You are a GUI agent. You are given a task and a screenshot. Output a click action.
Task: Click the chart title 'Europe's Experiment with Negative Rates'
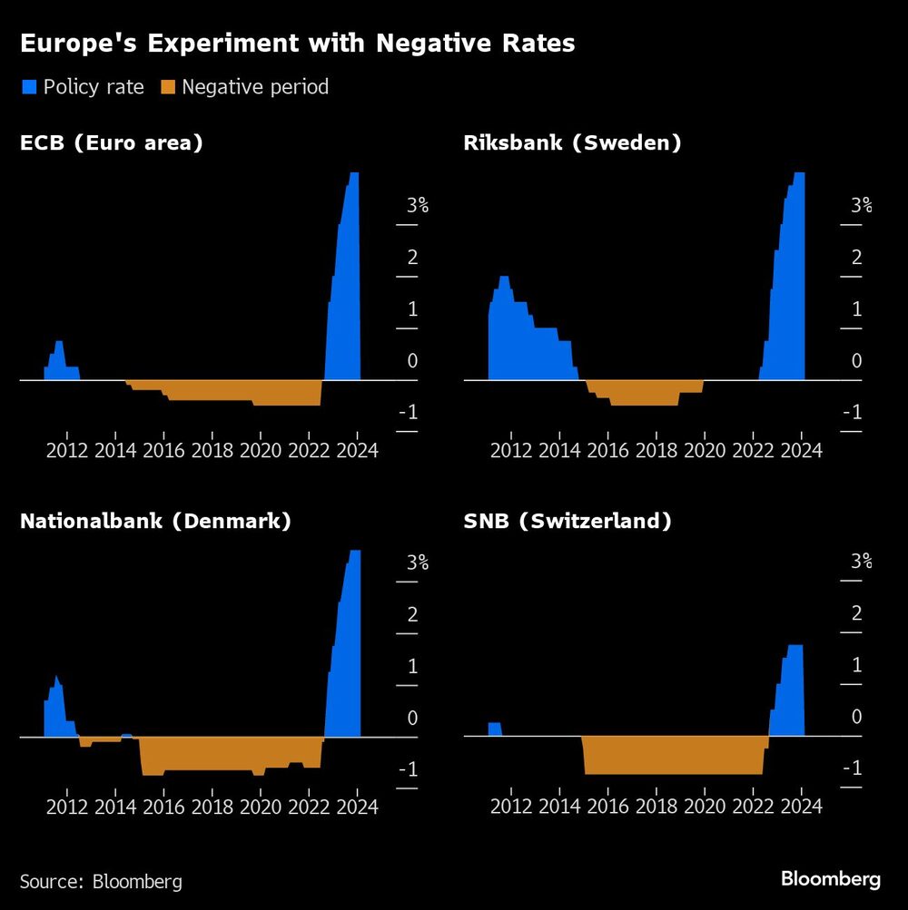297,44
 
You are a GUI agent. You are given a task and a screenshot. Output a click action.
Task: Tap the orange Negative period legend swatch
167,87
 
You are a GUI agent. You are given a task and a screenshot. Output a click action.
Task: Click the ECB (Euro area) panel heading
111,142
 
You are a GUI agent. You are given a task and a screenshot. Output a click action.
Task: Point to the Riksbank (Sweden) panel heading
572,142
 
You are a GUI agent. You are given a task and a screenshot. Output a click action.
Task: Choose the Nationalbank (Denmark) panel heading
155,522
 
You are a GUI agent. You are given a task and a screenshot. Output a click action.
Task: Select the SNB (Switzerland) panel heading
567,522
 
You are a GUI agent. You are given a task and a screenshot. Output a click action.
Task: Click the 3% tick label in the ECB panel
417,205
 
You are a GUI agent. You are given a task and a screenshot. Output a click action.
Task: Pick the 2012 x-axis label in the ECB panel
66,449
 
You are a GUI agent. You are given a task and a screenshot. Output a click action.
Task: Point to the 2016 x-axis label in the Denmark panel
163,806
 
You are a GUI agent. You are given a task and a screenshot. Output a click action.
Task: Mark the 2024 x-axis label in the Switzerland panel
802,806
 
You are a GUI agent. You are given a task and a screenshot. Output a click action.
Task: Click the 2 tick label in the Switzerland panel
856,614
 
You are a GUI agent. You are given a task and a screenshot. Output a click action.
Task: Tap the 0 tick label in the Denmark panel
412,718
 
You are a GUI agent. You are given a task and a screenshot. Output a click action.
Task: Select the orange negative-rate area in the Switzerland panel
672,755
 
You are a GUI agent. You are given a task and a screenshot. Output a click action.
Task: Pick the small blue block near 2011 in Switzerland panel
495,729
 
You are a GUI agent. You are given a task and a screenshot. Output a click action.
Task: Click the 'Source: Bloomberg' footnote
101,881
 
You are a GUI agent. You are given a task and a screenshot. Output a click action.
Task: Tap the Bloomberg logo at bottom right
830,879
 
